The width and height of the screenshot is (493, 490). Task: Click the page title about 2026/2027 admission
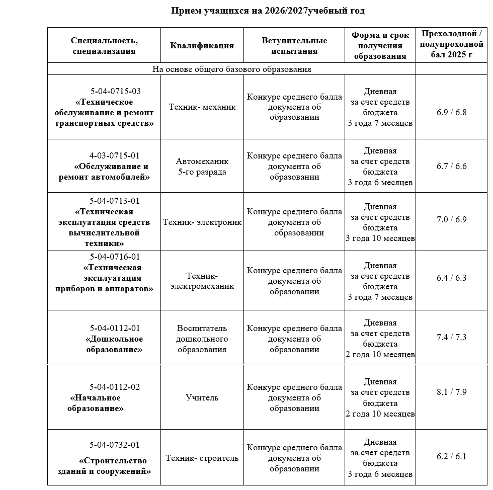[268, 11]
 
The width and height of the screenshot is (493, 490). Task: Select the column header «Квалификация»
[202, 45]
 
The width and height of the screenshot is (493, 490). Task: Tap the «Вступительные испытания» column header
[294, 45]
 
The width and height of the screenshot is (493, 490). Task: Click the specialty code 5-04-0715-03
[116, 91]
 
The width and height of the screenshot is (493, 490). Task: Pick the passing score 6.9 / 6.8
[451, 112]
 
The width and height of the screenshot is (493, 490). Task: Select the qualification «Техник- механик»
[202, 107]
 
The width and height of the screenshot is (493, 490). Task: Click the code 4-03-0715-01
[115, 155]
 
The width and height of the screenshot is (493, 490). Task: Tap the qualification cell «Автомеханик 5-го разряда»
[202, 167]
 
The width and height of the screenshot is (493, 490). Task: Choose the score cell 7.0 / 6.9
[451, 219]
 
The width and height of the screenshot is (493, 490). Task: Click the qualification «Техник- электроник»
[202, 222]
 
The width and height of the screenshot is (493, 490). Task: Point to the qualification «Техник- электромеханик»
[202, 281]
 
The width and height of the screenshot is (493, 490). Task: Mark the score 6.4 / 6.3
[451, 278]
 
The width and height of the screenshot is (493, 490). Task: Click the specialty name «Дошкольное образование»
[114, 344]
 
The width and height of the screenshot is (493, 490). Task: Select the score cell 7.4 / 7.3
[451, 337]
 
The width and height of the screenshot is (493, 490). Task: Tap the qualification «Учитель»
[202, 397]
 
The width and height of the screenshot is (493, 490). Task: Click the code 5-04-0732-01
[115, 445]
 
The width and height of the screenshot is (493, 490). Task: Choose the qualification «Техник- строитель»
[202, 458]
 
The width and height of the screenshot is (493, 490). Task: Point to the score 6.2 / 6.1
[451, 456]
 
